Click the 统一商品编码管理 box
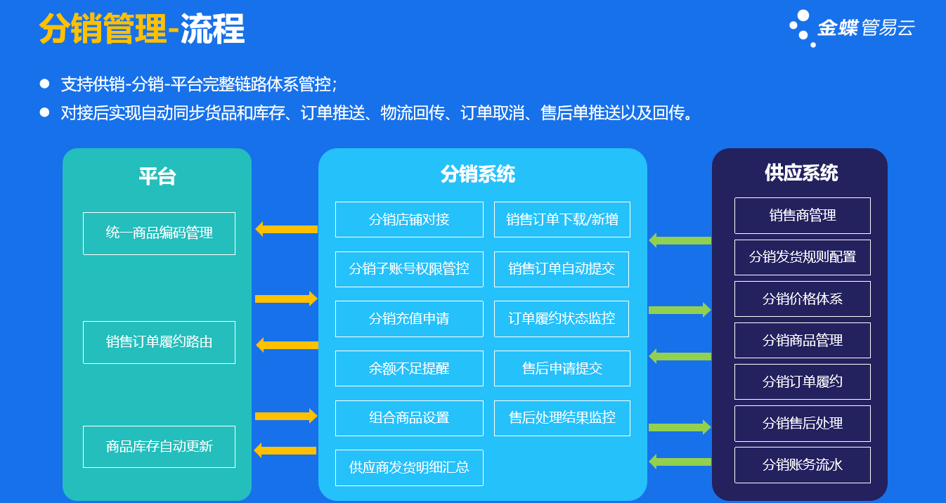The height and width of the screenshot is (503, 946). coord(159,233)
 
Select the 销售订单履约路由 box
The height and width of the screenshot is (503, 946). coord(159,342)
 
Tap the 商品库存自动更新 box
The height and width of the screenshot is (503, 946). coord(159,447)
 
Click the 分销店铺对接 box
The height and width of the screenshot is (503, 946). coord(409,220)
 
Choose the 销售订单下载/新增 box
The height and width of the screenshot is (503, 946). coord(562,220)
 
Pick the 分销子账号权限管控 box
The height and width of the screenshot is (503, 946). coord(409,269)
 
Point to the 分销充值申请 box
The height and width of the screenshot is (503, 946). coord(409,319)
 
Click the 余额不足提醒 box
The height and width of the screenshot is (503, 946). coord(409,369)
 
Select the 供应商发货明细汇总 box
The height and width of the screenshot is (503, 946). coord(409,468)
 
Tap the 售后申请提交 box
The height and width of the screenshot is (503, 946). coord(562,369)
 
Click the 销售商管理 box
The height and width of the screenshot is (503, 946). coord(802,216)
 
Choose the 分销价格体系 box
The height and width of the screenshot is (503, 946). coord(802,299)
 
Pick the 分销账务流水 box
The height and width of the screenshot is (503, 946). coord(802,465)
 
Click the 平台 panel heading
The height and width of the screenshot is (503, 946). coord(157,176)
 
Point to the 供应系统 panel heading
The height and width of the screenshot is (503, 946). coord(801,173)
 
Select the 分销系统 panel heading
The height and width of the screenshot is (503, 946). coord(477,174)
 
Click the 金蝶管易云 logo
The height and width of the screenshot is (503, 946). coord(852,28)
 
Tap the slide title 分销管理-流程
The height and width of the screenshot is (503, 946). coord(141,30)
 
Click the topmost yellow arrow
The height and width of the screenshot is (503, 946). coord(286,229)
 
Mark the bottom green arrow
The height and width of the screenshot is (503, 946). coord(680,462)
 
